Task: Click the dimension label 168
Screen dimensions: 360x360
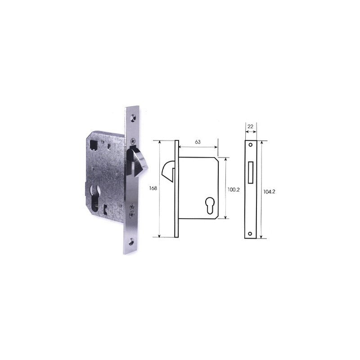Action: [x=153, y=188]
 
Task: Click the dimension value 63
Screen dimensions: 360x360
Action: [x=198, y=142]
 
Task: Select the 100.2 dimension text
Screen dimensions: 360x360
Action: [x=234, y=189]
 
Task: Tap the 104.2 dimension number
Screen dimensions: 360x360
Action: [x=269, y=192]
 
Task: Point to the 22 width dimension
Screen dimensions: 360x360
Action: [x=251, y=126]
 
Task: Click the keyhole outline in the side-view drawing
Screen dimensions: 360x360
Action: [x=209, y=206]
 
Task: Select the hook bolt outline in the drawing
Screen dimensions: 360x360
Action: [x=169, y=171]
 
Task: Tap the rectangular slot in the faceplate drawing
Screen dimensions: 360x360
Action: [x=251, y=172]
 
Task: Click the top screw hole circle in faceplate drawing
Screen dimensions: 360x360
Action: [x=251, y=145]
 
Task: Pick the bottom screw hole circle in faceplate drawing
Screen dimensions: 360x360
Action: [x=250, y=234]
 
